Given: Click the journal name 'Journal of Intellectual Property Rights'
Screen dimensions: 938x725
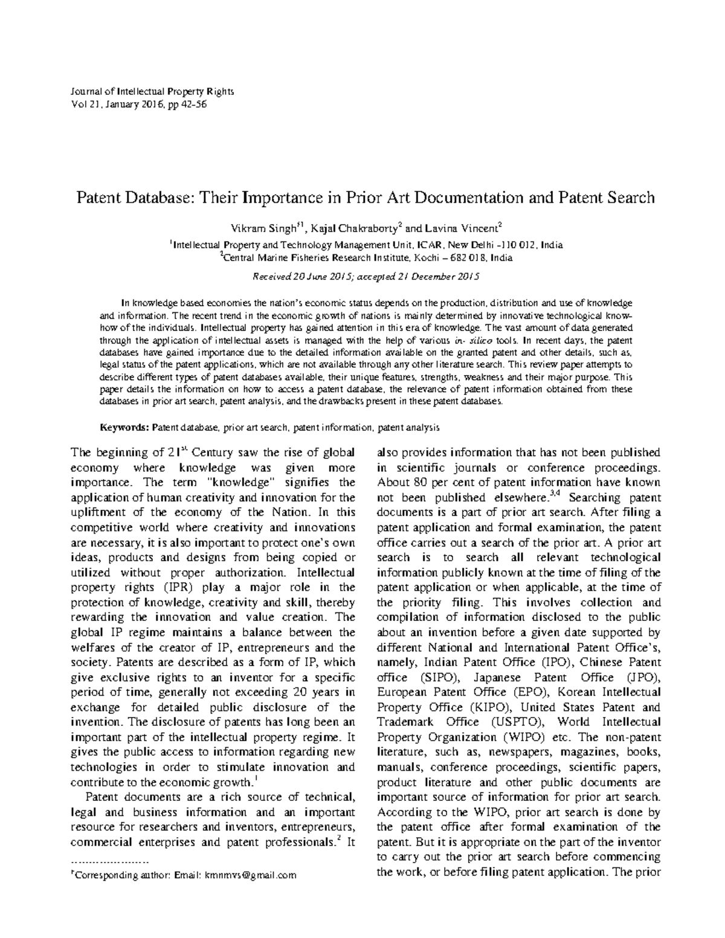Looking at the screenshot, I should pos(152,91).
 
